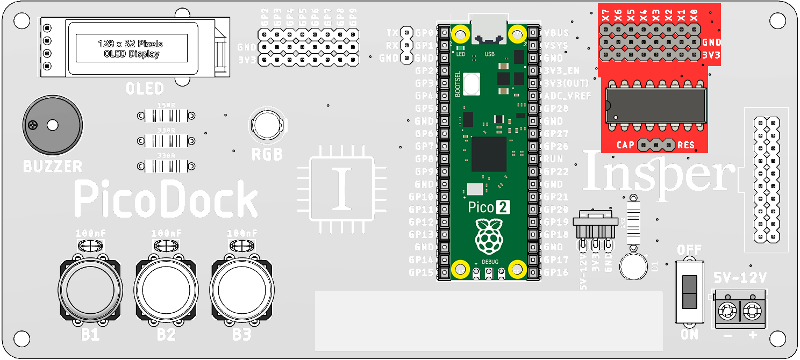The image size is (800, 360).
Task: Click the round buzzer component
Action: click(x=52, y=126)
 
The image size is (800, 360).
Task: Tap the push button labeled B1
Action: click(x=90, y=290)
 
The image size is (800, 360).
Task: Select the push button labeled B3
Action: click(x=241, y=290)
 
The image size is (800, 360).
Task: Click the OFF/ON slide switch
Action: click(x=689, y=292)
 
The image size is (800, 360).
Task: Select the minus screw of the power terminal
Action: click(x=727, y=311)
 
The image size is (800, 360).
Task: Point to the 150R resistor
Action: click(x=166, y=116)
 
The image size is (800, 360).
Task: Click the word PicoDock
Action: click(x=166, y=199)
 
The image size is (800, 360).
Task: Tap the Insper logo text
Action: click(x=659, y=172)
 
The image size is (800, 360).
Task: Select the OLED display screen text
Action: click(x=130, y=48)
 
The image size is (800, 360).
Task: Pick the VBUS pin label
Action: click(x=556, y=32)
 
